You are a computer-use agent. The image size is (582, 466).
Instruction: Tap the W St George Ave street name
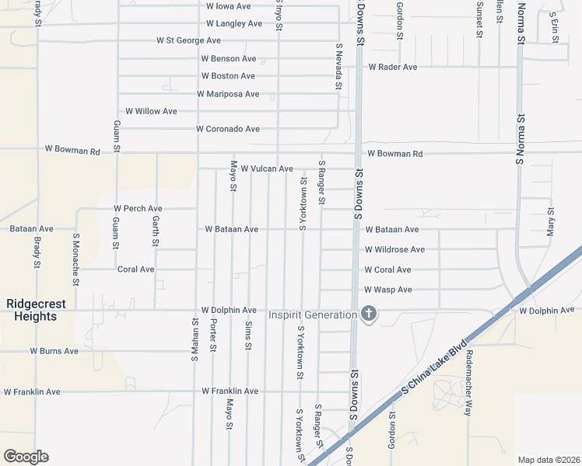(188, 40)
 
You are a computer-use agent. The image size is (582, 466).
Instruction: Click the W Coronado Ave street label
(227, 129)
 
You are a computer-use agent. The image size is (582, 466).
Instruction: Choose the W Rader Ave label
(393, 68)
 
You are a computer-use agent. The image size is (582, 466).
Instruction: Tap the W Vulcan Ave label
(266, 169)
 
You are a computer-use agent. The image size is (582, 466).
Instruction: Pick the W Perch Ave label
(138, 209)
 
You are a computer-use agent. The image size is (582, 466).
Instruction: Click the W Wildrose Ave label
(394, 250)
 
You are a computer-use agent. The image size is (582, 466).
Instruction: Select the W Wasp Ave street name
(388, 290)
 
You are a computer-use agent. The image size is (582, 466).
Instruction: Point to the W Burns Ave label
(54, 351)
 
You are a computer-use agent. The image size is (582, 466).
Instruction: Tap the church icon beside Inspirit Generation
(369, 314)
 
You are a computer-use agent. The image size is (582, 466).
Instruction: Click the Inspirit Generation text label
(312, 315)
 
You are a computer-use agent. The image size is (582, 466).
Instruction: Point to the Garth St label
(156, 231)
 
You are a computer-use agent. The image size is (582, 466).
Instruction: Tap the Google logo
(26, 457)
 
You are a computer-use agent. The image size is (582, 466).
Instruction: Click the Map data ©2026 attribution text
(549, 460)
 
